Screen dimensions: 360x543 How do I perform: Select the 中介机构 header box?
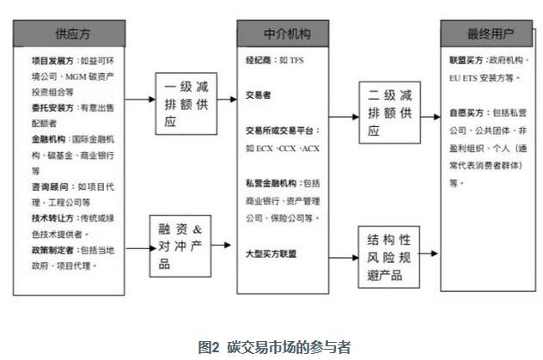[284, 34]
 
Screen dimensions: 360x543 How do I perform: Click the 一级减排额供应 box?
[182, 105]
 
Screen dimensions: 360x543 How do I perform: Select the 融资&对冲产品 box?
[182, 246]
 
